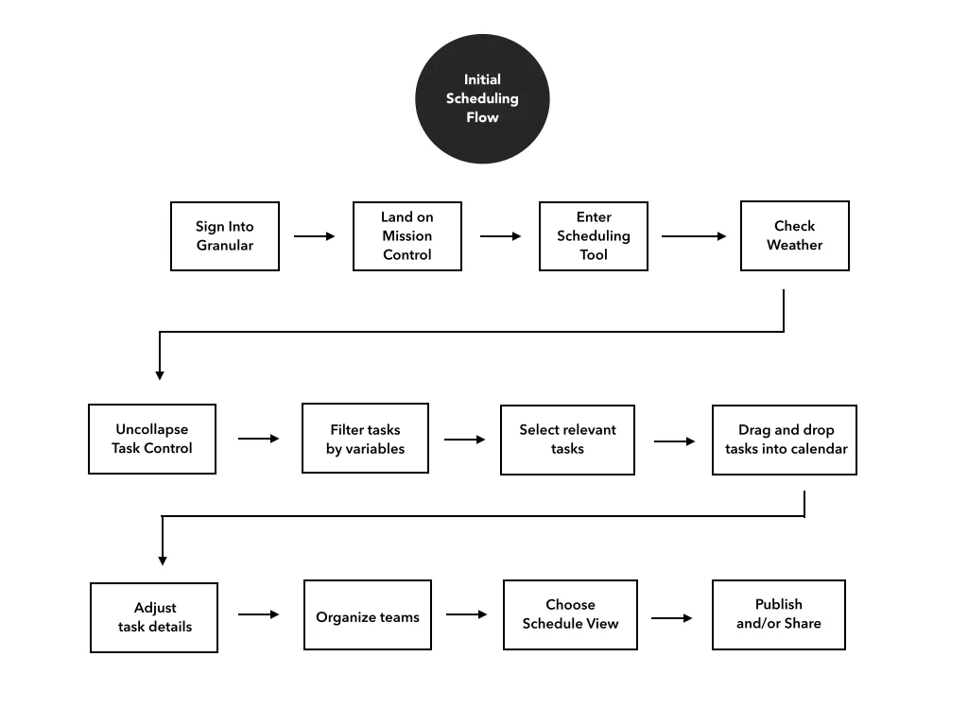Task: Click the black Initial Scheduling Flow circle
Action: pyautogui.click(x=482, y=98)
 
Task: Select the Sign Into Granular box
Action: pyautogui.click(x=225, y=236)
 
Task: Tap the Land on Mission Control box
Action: pyautogui.click(x=407, y=236)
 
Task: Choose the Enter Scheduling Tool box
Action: pyautogui.click(x=594, y=236)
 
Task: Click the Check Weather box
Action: pyautogui.click(x=794, y=235)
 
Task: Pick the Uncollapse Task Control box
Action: pyautogui.click(x=152, y=439)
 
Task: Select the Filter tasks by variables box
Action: pyautogui.click(x=365, y=439)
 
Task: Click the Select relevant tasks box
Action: pyautogui.click(x=567, y=440)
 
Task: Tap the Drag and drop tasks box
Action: pyautogui.click(x=785, y=440)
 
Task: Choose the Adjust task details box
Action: pyautogui.click(x=154, y=617)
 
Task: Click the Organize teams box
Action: pyautogui.click(x=368, y=615)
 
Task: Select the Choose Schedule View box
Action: pyautogui.click(x=570, y=614)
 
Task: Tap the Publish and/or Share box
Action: pyautogui.click(x=779, y=614)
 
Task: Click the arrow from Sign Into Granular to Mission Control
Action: pyautogui.click(x=315, y=236)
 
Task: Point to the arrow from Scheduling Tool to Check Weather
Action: pyautogui.click(x=694, y=236)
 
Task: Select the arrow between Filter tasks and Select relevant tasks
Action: pyautogui.click(x=465, y=440)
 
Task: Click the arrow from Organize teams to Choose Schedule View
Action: pyautogui.click(x=467, y=614)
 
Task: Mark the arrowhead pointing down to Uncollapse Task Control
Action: pyautogui.click(x=160, y=374)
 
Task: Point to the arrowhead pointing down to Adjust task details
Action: pyautogui.click(x=163, y=560)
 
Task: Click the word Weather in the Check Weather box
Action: pyautogui.click(x=794, y=245)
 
